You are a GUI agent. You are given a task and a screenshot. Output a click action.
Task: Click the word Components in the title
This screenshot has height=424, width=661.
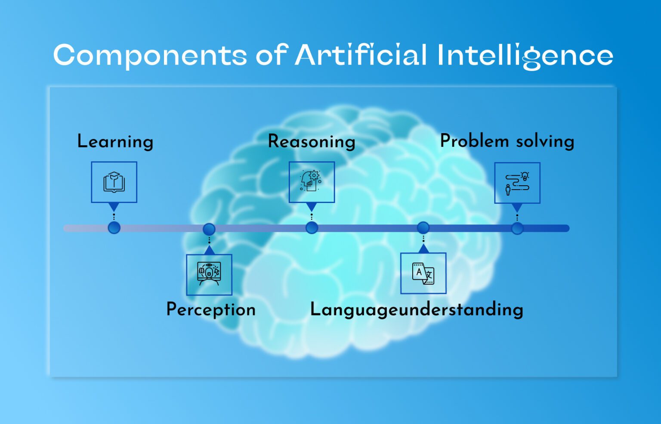click(150, 56)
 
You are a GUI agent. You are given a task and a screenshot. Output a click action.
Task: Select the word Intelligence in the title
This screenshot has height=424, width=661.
click(525, 56)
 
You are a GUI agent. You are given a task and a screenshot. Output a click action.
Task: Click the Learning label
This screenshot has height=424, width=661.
click(115, 142)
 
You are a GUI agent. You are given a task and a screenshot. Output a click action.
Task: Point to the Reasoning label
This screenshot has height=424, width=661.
click(312, 142)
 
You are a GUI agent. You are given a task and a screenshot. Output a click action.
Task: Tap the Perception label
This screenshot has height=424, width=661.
click(211, 310)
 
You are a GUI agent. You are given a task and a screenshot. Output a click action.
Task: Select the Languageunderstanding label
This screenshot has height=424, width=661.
click(417, 310)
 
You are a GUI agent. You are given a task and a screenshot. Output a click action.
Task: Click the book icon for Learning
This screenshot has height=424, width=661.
click(114, 182)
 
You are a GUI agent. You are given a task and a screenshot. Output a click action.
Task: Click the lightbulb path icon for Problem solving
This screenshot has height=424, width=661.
click(517, 183)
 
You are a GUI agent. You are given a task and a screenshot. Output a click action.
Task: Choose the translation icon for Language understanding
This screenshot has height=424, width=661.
click(423, 273)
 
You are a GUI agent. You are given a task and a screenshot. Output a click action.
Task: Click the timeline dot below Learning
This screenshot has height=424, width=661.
click(114, 228)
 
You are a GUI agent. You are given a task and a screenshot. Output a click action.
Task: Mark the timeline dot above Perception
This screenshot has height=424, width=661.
click(209, 229)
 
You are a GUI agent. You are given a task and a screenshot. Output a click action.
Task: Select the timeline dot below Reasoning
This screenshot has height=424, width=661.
click(312, 228)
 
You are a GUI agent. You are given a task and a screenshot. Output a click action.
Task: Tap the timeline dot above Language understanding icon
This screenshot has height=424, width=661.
click(423, 227)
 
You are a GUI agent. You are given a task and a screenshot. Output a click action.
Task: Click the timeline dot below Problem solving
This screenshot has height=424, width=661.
click(517, 228)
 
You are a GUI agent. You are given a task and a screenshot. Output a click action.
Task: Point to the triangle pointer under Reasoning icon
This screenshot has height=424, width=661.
click(312, 207)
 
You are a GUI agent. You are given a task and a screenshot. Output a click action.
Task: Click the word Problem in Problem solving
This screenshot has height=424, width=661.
click(474, 141)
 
